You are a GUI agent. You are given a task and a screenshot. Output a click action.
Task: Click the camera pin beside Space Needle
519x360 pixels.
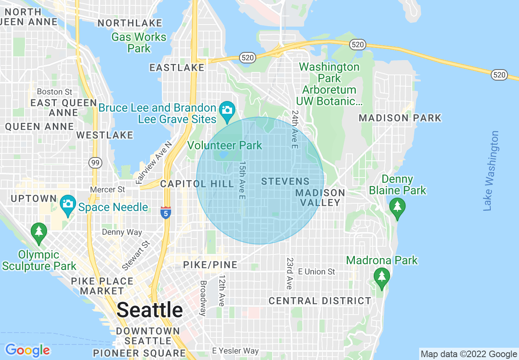pos(68,203)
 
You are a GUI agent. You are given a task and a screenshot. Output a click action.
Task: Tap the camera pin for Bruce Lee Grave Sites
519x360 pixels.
pos(226,110)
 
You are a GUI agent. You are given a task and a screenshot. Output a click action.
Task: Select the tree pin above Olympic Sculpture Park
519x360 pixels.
pos(39,232)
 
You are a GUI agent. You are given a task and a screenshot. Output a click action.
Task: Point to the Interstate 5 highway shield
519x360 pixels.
pos(165,213)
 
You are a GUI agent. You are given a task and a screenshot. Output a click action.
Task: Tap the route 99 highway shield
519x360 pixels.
pos(95,163)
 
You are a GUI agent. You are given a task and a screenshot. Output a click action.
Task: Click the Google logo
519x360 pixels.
pos(27,350)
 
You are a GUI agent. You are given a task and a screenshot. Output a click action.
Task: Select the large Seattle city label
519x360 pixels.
pos(150,310)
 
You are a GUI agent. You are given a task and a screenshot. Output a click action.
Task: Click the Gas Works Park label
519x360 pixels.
pos(139,43)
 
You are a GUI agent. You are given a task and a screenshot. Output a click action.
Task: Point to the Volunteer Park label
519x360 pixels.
pos(224,145)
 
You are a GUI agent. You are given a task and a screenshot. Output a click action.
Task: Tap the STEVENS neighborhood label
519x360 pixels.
pos(285,181)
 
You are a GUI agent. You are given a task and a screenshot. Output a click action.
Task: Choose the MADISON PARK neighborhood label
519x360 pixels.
pos(400,118)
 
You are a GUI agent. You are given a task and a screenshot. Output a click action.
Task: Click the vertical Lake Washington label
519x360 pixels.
pos(491,171)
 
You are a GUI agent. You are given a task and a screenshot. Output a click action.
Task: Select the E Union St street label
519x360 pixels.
pos(316,272)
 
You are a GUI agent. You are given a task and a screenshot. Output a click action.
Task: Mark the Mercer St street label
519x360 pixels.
pos(108,189)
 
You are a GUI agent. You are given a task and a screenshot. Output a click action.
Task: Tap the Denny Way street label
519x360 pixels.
pos(122,232)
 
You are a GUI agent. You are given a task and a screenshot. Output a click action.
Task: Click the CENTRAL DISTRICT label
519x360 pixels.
pos(320,301)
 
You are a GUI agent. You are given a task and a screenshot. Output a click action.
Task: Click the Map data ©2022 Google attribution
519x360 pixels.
pos(469,354)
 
